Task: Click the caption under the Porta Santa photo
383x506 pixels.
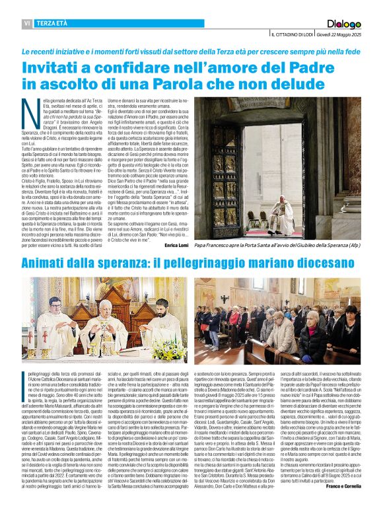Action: [277, 244]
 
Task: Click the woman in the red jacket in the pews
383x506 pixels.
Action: [234, 317]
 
